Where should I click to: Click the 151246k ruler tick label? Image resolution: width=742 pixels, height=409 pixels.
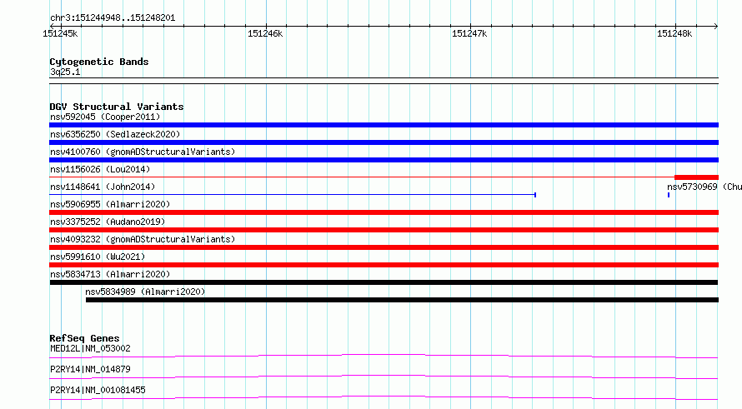265,33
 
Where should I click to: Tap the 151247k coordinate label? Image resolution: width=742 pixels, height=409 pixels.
469,33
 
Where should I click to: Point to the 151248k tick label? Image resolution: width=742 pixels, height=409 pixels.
674,33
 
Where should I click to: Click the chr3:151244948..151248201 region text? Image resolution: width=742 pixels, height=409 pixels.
113,18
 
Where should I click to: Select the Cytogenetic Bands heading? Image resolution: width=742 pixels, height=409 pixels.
99,62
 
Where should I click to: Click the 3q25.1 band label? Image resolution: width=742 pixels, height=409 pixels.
65,72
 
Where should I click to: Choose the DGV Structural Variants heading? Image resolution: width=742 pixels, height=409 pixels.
117,107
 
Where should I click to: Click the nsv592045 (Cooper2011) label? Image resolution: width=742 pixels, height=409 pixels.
105,117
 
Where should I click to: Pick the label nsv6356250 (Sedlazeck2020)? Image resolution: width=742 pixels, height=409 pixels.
115,134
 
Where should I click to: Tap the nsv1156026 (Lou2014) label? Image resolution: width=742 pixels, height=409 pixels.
100,169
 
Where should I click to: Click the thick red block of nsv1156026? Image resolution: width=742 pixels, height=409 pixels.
697,177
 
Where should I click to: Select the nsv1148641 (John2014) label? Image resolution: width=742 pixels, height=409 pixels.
103,187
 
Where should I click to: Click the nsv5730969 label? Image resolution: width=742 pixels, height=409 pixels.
692,187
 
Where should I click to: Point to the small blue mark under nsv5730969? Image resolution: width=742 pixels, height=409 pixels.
669,195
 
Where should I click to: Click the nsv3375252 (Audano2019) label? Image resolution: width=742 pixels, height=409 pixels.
108,222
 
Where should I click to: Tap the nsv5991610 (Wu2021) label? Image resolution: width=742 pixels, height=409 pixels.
98,257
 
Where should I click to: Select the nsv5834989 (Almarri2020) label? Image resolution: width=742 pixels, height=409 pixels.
145,292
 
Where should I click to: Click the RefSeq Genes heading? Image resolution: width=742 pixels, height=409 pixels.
84,338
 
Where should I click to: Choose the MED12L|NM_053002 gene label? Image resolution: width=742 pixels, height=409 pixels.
90,348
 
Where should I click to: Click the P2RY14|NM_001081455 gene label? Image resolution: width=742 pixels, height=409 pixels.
98,390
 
